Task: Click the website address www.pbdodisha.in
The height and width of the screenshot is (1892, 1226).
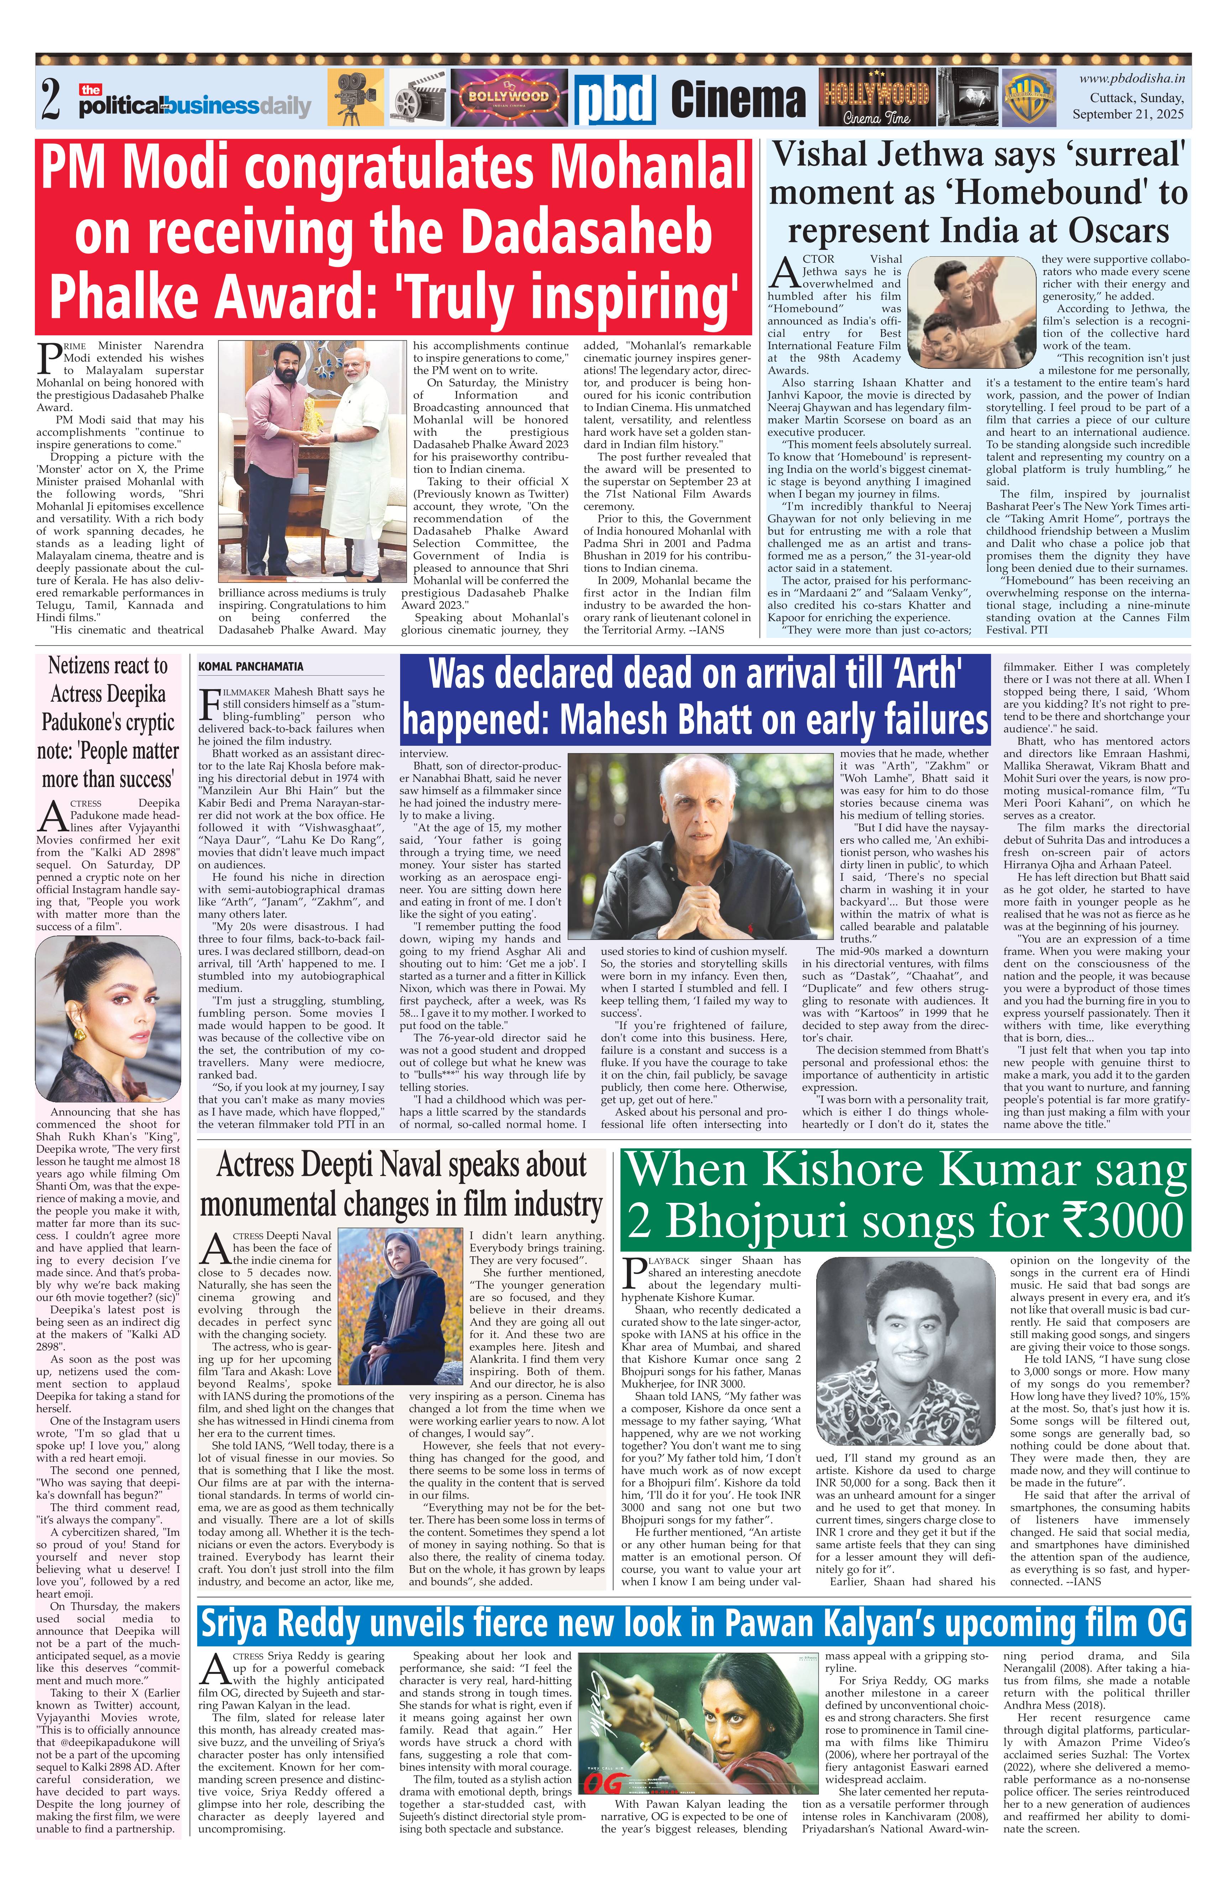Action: pyautogui.click(x=1131, y=78)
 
